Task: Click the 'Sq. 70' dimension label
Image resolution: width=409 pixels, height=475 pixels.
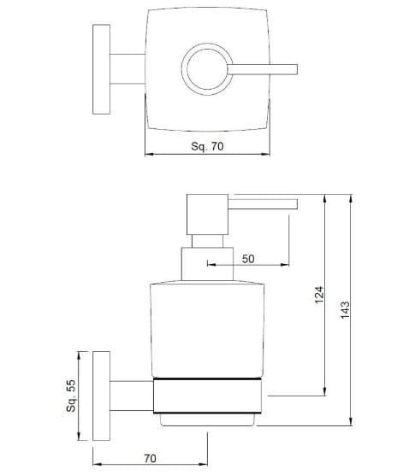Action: (x=205, y=146)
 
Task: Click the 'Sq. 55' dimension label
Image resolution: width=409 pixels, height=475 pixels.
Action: (x=72, y=397)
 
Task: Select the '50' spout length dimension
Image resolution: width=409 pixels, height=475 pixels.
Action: (x=248, y=259)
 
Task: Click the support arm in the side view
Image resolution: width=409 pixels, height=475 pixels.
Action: (x=131, y=394)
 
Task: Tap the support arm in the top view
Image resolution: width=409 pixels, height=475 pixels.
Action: (x=127, y=67)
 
